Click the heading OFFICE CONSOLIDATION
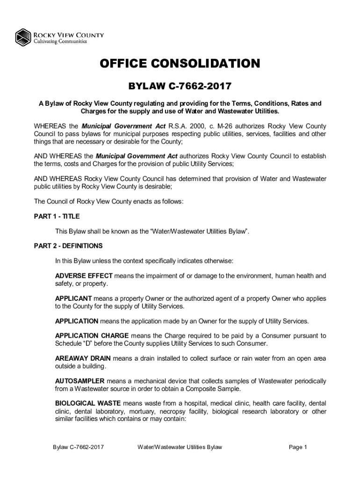coord(180,64)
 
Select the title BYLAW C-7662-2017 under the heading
coord(180,86)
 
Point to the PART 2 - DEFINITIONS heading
coord(68,246)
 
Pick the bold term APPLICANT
coord(73,298)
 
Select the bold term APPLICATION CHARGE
coord(92,336)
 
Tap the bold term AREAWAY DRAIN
coord(83,358)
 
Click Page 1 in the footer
coord(298,447)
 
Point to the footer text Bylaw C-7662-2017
coord(78,447)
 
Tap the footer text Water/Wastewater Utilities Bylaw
coord(180,447)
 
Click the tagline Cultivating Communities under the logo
coord(59,41)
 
